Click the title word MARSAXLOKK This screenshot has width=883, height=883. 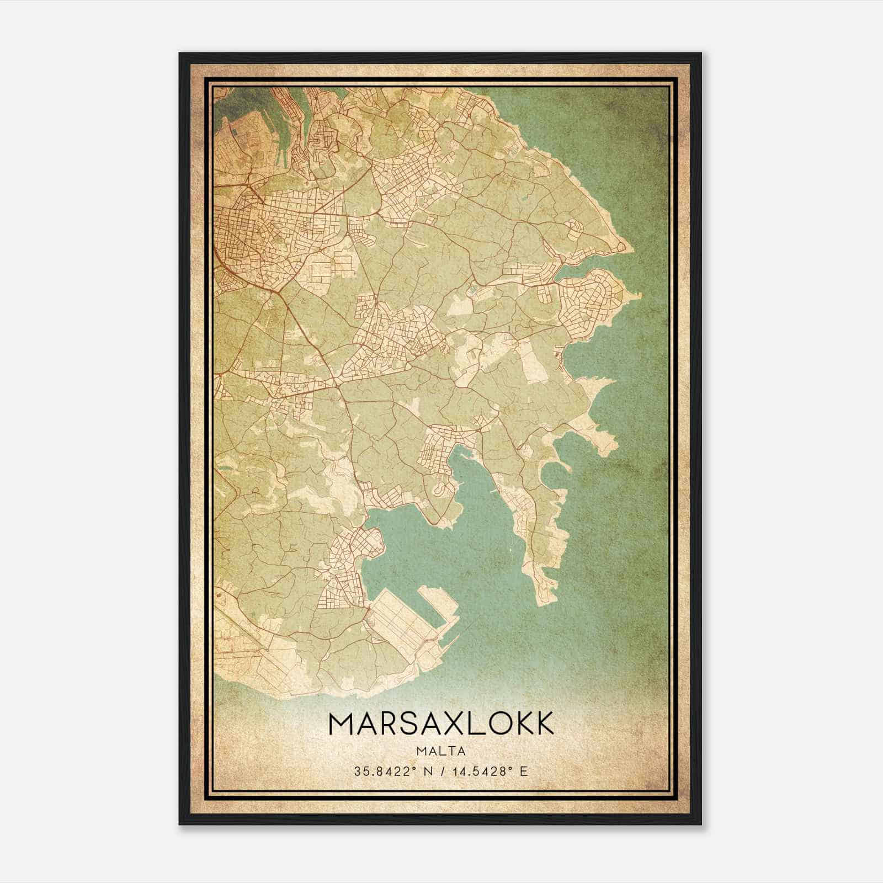pos(441,724)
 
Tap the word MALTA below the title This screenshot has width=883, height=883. pos(441,751)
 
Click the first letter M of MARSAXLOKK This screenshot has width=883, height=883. pos(341,724)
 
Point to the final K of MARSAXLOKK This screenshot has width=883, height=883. pos(542,724)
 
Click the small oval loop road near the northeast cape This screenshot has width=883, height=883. pos(575,226)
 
